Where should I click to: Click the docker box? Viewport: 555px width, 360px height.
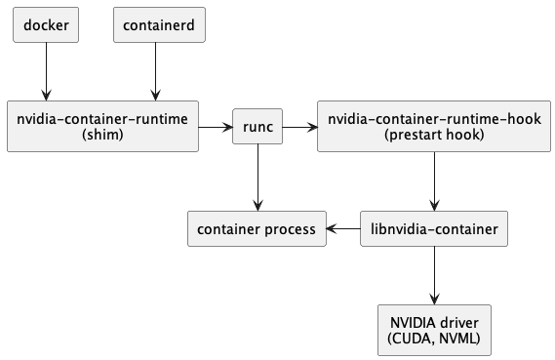[46, 24]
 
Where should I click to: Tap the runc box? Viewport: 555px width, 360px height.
[258, 127]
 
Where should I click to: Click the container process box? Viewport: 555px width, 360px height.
[257, 229]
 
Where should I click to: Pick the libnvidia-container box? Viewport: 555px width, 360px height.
[434, 229]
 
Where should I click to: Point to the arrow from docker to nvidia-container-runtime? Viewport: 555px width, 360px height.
[46, 70]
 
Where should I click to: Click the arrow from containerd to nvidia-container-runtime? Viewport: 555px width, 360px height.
[155, 70]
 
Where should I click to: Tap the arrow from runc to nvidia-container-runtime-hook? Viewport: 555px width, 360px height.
[300, 127]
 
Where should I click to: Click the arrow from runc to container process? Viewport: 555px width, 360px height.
[258, 177]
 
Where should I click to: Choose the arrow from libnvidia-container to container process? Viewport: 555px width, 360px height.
[343, 229]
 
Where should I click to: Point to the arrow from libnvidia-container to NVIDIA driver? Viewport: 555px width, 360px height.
[434, 276]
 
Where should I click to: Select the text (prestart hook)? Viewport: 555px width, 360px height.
[434, 135]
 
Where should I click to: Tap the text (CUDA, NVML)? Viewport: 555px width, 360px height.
[434, 340]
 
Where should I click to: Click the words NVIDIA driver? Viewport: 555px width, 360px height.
[434, 323]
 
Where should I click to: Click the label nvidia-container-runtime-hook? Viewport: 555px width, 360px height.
[434, 119]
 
